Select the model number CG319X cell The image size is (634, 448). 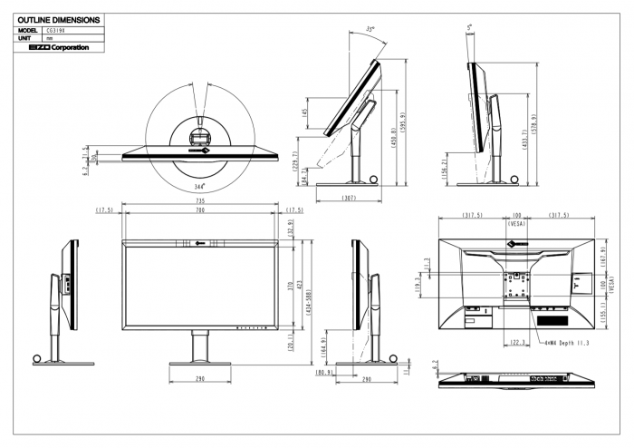click(x=54, y=30)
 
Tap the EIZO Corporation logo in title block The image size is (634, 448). click(x=53, y=47)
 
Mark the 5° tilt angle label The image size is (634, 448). click(x=469, y=27)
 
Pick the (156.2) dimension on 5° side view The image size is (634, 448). click(x=447, y=167)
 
